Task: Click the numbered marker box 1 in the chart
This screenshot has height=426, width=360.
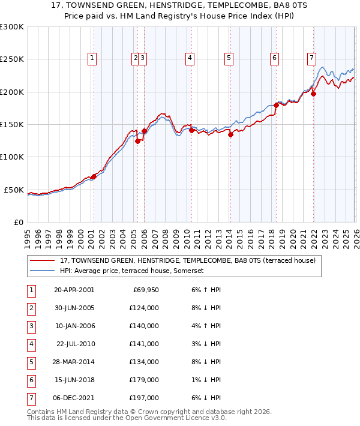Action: click(x=92, y=58)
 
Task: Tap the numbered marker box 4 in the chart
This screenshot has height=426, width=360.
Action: click(x=190, y=58)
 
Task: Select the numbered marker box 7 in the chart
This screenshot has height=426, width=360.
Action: click(x=312, y=58)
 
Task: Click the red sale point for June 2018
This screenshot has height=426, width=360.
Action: click(x=276, y=105)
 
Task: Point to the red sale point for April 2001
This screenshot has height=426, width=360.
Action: click(x=94, y=176)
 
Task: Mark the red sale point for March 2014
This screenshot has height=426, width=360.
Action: click(x=230, y=134)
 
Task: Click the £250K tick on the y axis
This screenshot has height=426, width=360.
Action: click(x=12, y=59)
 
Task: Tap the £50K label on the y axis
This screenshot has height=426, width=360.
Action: click(x=14, y=190)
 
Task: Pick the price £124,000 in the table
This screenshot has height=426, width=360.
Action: click(x=144, y=308)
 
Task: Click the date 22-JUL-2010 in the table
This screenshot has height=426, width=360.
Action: click(x=75, y=344)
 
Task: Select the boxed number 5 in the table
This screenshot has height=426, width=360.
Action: click(x=31, y=362)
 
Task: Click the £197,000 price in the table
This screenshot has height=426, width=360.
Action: click(x=144, y=398)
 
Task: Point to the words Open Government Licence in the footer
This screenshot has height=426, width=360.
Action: click(x=177, y=418)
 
